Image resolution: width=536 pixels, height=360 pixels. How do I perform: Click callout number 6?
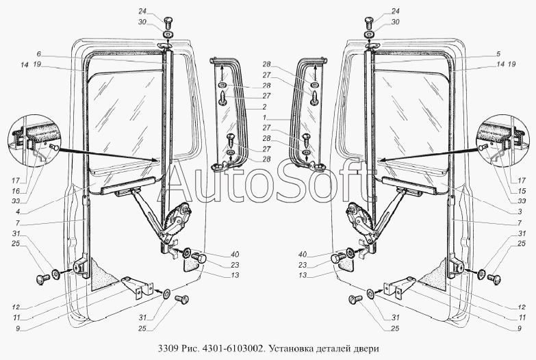[38, 53]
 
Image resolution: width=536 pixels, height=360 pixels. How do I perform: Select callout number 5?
[498, 53]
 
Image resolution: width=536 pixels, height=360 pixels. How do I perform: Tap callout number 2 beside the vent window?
[265, 107]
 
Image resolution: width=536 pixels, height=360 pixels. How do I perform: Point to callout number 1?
[265, 117]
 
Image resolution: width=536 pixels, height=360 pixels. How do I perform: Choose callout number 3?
[520, 212]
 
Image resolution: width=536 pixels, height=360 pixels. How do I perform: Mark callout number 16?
[16, 191]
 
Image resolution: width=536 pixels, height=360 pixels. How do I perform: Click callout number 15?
[522, 191]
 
